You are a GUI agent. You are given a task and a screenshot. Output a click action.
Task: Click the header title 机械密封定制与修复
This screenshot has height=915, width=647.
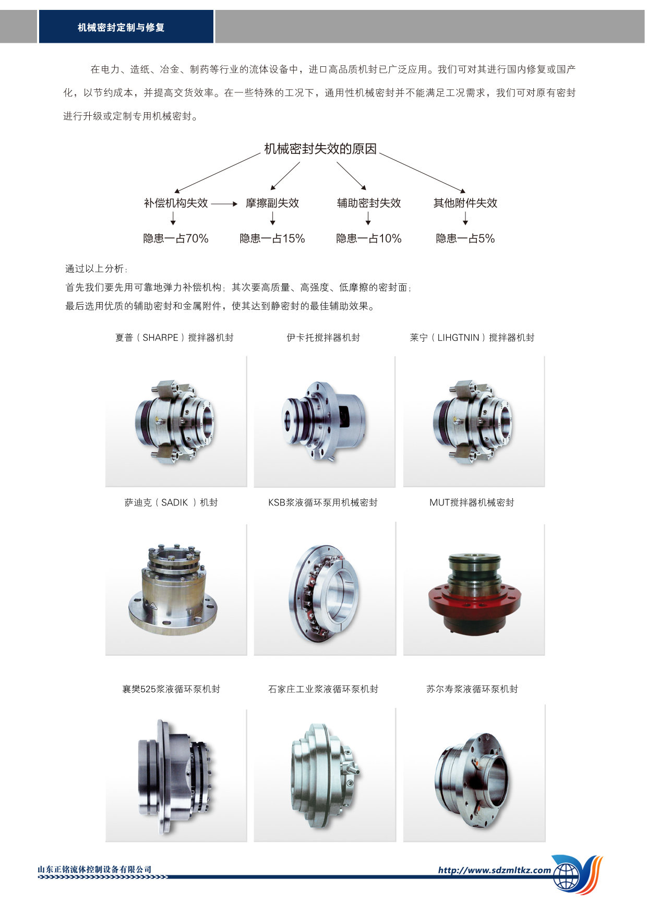[121, 28]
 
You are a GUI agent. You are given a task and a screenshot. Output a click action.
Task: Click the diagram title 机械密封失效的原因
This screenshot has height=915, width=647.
[320, 149]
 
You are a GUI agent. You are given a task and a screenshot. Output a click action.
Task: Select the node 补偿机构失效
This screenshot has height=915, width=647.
[176, 203]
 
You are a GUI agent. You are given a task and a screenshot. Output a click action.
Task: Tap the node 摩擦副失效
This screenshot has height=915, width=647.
[272, 203]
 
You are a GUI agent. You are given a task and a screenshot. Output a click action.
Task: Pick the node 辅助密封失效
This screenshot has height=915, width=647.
[369, 203]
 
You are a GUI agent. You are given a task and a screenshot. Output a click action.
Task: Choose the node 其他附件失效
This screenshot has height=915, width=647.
[465, 203]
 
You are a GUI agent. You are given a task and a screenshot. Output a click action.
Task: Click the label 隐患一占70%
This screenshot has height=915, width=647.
[176, 238]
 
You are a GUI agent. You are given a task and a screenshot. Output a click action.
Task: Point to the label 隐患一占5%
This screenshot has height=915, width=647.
[465, 238]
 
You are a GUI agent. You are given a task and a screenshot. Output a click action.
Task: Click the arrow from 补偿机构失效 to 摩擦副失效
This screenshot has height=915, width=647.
[224, 203]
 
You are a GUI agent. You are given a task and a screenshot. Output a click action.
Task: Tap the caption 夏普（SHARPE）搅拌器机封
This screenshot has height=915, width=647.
[174, 338]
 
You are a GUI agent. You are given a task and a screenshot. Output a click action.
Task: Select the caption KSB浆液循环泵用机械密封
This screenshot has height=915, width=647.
[323, 502]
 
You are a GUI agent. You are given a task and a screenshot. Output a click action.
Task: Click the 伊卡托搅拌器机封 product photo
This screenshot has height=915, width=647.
[323, 420]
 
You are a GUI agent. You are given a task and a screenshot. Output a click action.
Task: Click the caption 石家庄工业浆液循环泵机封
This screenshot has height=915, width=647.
[323, 689]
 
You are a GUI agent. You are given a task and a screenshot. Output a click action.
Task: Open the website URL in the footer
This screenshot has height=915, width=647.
[495, 870]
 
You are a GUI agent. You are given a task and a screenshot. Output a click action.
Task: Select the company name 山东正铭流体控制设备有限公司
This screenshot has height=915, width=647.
[95, 869]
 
